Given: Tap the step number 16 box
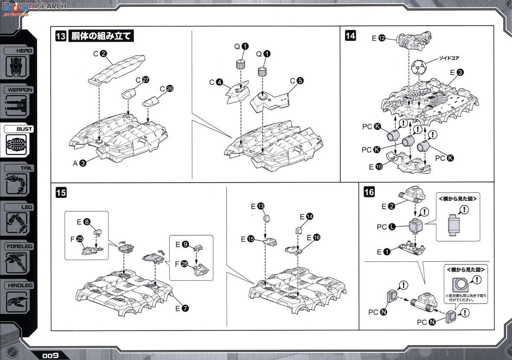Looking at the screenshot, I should [369, 193].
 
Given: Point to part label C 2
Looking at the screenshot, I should [99, 54].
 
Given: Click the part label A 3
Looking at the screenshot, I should [79, 162].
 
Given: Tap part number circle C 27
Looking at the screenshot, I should [146, 79].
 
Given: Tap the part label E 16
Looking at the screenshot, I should [312, 237].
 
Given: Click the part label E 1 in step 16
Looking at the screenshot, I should [383, 252].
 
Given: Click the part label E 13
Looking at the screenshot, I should [257, 206].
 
